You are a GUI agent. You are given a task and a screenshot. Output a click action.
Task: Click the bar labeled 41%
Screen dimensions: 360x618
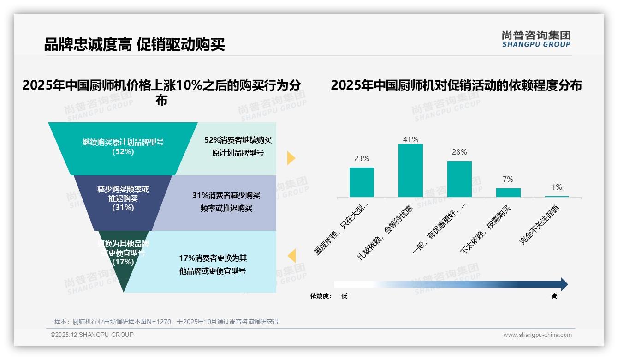pyautogui.click(x=410, y=170)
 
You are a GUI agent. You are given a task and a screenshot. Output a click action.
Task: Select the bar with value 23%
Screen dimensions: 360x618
pyautogui.click(x=362, y=182)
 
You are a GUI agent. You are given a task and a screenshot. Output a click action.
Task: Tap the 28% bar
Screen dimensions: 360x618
pyautogui.click(x=459, y=179)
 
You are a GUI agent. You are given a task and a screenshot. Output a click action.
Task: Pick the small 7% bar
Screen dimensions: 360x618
pyautogui.click(x=508, y=192)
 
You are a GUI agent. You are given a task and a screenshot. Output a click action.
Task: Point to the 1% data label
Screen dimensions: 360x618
pyautogui.click(x=557, y=187)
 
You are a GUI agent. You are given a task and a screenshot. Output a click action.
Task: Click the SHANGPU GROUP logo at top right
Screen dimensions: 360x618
pyautogui.click(x=536, y=39)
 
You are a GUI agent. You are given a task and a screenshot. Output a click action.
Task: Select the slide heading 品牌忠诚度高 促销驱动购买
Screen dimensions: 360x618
pyautogui.click(x=134, y=45)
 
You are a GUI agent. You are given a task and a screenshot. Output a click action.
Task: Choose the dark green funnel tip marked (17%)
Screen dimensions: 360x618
pyautogui.click(x=123, y=258)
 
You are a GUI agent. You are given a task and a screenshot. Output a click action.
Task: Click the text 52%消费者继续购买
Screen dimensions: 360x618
pyautogui.click(x=238, y=140)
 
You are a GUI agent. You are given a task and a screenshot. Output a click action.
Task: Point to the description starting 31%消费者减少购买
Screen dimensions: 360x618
pyautogui.click(x=226, y=196)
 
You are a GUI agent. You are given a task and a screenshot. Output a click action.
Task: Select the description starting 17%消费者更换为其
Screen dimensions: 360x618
pyautogui.click(x=213, y=258)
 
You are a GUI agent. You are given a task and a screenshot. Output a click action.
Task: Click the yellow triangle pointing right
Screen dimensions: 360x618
pyautogui.click(x=291, y=158)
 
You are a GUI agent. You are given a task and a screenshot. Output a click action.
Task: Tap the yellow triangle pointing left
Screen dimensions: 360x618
pyautogui.click(x=291, y=256)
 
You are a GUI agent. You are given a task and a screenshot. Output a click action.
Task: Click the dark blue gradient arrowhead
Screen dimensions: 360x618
pyautogui.click(x=564, y=284)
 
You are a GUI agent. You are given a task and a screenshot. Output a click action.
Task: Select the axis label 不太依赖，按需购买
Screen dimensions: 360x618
pyautogui.click(x=487, y=230)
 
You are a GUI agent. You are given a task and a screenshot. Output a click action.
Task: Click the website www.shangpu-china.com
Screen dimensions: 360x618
pyautogui.click(x=537, y=335)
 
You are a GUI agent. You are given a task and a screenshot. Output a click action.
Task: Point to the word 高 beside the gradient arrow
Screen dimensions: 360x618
pyautogui.click(x=554, y=296)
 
